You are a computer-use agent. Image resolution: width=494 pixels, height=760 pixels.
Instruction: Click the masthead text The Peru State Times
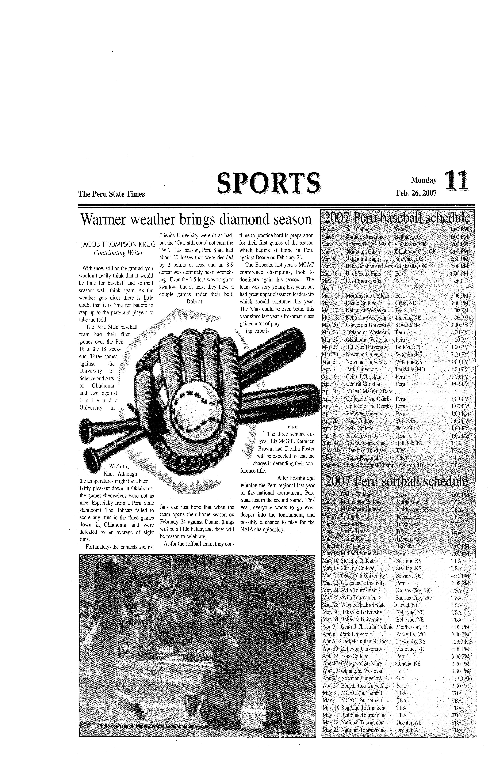point(112,194)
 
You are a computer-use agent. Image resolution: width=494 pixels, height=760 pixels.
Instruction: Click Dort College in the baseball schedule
point(358,230)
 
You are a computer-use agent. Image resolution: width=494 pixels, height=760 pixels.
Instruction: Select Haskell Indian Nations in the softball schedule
point(364,641)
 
